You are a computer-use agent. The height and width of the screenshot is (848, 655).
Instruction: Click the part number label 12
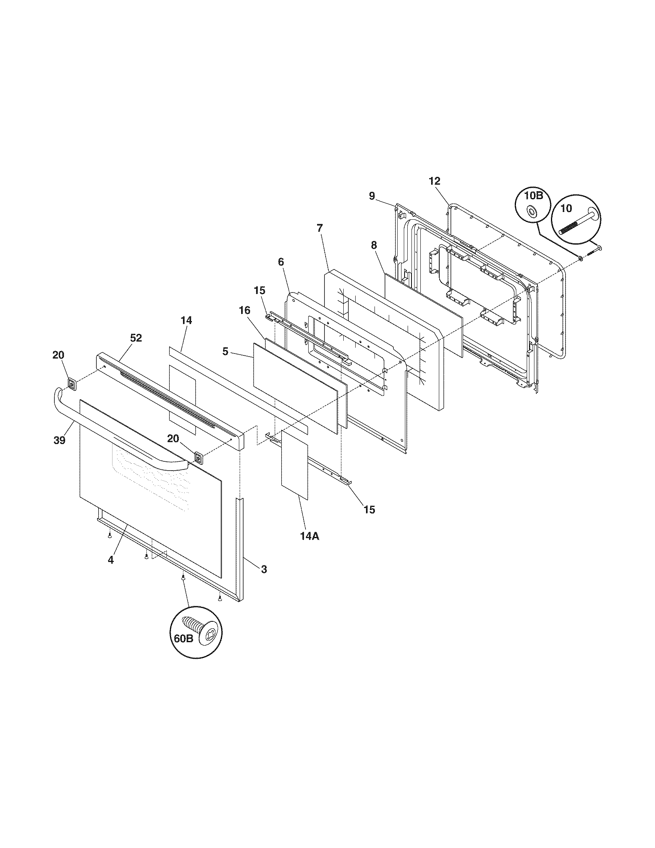pyautogui.click(x=435, y=180)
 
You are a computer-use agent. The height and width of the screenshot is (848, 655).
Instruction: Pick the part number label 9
pyautogui.click(x=372, y=196)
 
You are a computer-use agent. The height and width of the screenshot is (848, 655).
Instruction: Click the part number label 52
pyautogui.click(x=136, y=338)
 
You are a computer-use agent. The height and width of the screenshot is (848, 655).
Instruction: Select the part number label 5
pyautogui.click(x=225, y=352)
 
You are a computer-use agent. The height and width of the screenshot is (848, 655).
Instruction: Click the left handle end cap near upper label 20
pyautogui.click(x=72, y=384)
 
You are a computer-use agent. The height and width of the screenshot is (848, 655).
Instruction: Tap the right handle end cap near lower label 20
pyautogui.click(x=198, y=458)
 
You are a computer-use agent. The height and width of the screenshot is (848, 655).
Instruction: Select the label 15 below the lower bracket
pyautogui.click(x=369, y=510)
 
